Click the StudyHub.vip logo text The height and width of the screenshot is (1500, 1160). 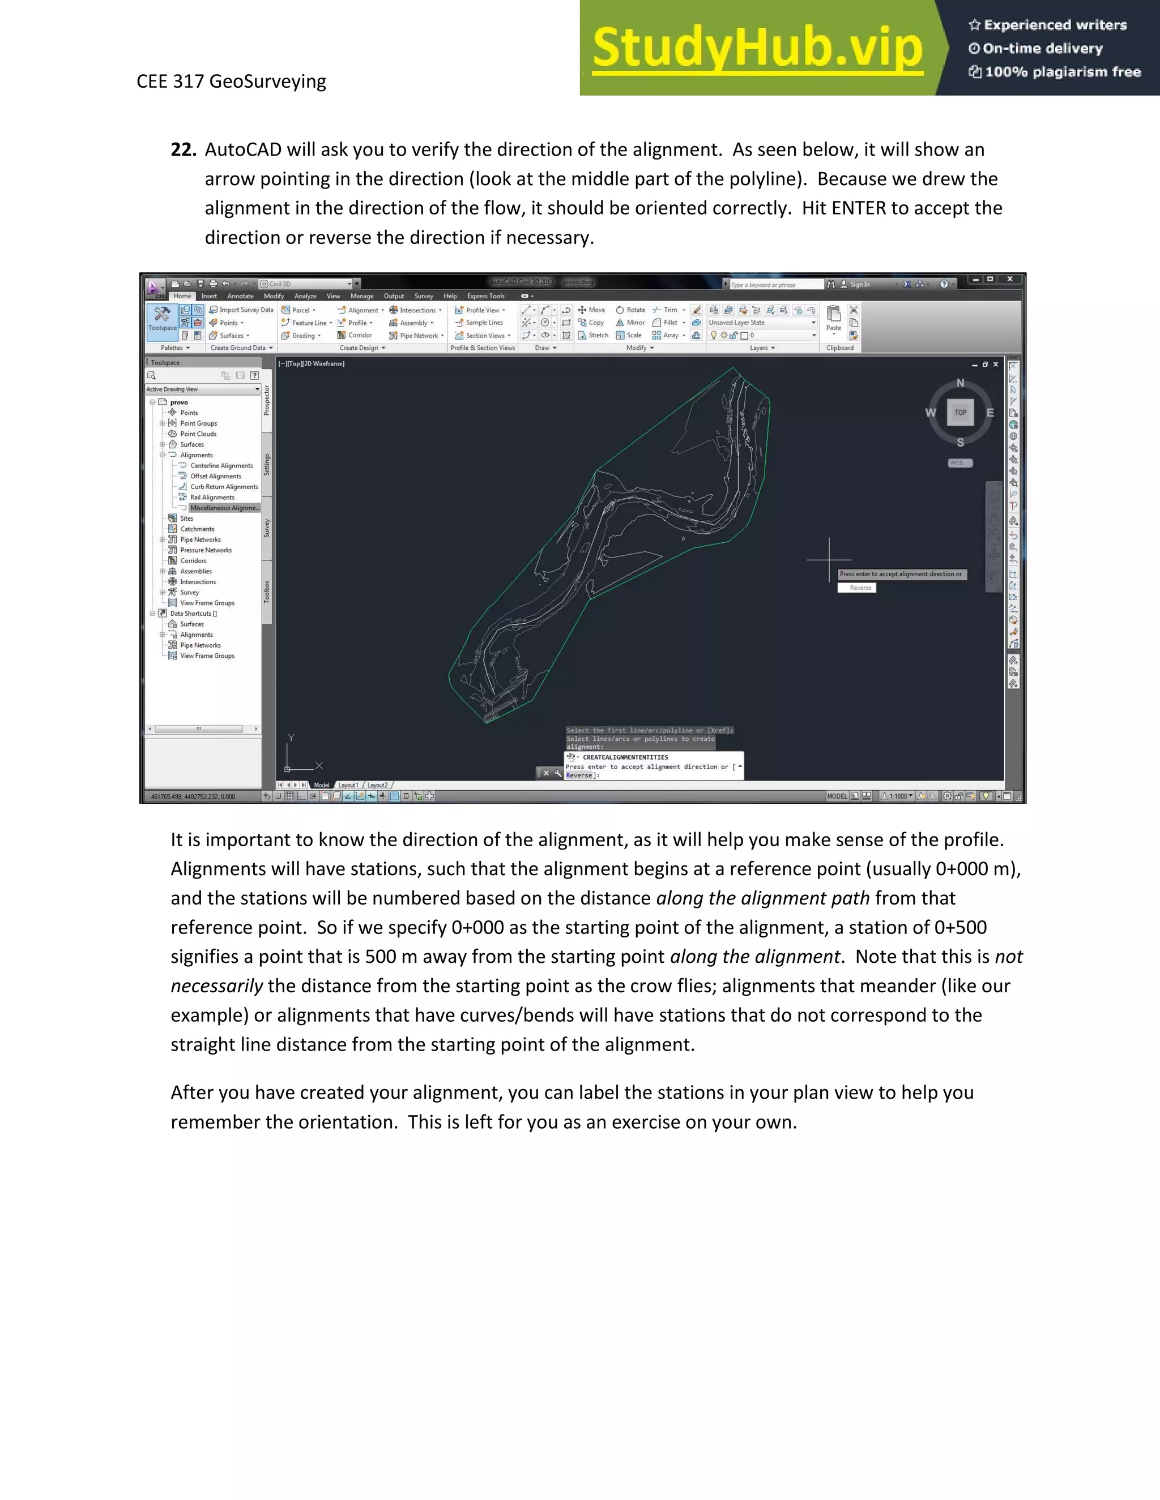757,48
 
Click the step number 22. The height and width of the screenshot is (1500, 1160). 184,150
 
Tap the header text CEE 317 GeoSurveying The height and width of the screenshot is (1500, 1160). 231,81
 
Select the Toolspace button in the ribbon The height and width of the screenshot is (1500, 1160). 162,319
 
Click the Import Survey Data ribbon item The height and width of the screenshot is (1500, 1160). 241,310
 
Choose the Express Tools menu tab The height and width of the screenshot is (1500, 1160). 485,296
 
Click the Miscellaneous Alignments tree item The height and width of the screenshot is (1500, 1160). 224,508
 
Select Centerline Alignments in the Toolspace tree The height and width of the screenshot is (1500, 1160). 221,466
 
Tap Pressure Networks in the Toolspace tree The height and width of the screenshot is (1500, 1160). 206,550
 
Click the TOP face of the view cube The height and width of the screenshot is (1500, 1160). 960,412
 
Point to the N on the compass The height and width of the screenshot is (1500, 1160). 961,383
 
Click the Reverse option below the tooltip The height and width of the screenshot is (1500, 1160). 860,588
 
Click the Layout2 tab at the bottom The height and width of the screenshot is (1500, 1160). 377,785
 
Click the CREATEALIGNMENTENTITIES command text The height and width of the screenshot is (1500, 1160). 625,757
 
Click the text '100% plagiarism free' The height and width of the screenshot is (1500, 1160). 1063,71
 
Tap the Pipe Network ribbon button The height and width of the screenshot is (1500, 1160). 418,336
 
